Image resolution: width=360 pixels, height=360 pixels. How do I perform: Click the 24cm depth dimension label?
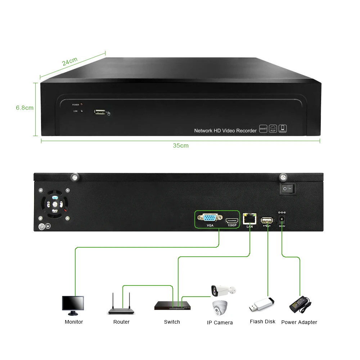pyautogui.click(x=70, y=62)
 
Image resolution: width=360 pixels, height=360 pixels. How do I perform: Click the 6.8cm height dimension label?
pyautogui.click(x=24, y=108)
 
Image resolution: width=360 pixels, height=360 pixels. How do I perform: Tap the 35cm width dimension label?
pyautogui.click(x=180, y=146)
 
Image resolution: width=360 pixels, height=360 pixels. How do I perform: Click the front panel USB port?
pyautogui.click(x=100, y=112)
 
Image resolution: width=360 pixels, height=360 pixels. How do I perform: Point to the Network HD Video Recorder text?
pyautogui.click(x=225, y=131)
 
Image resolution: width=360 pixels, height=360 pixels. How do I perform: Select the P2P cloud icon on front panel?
pyautogui.click(x=273, y=129)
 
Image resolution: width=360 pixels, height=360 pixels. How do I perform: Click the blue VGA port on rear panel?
pyautogui.click(x=210, y=218)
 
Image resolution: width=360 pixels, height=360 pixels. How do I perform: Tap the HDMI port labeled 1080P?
pyautogui.click(x=232, y=220)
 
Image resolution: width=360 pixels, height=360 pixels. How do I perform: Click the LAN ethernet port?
pyautogui.click(x=249, y=219)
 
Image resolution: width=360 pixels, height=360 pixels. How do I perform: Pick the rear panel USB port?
pyautogui.click(x=267, y=220)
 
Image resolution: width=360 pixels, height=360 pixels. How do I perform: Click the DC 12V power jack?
pyautogui.click(x=282, y=219)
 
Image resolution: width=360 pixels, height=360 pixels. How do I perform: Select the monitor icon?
pyautogui.click(x=73, y=305)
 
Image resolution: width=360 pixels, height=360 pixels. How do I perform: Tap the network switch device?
pyautogui.click(x=172, y=306)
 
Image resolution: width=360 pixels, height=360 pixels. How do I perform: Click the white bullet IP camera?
pyautogui.click(x=223, y=289)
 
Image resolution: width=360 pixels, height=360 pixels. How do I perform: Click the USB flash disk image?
pyautogui.click(x=261, y=305)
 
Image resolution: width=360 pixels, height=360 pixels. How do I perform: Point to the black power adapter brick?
pyautogui.click(x=300, y=304)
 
